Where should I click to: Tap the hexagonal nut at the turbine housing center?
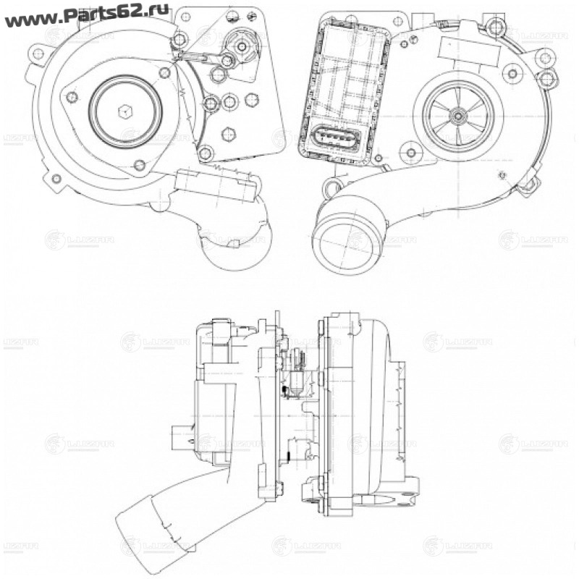(x=123, y=111)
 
